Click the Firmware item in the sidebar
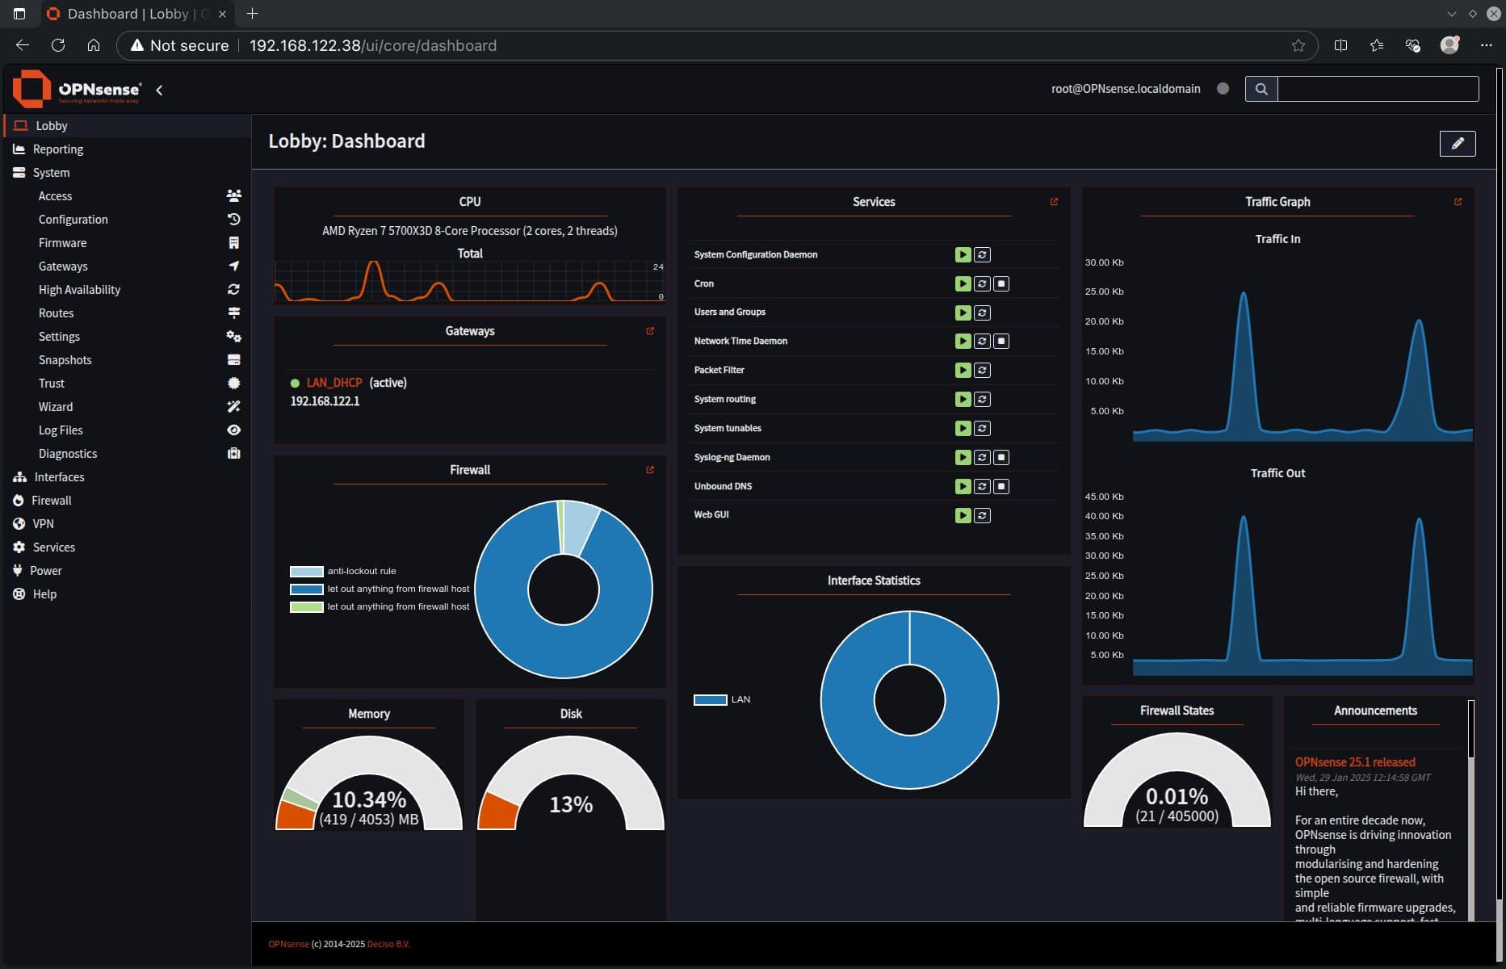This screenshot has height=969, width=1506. point(62,243)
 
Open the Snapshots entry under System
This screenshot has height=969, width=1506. point(65,360)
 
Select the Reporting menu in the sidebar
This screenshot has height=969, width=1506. point(57,149)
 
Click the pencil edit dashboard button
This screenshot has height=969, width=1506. point(1457,144)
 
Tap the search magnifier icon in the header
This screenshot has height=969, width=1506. point(1261,89)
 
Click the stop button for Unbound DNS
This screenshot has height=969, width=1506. point(1001,487)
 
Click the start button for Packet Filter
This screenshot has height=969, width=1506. point(963,371)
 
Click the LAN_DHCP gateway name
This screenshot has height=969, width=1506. point(334,383)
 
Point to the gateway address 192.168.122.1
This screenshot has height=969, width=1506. point(325,401)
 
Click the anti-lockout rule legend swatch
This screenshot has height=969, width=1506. point(306,572)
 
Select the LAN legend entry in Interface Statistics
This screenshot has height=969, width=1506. point(723,699)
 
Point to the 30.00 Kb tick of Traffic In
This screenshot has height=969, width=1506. point(1104,263)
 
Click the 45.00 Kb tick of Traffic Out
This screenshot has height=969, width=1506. point(1104,497)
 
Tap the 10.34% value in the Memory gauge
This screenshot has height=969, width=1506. point(369,799)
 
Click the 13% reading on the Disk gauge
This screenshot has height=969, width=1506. point(571,804)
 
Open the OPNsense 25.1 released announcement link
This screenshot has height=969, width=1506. point(1355,762)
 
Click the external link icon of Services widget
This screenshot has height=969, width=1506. point(1054,202)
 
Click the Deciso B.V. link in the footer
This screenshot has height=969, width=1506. point(388,944)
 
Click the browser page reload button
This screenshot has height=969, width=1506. point(58,45)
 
